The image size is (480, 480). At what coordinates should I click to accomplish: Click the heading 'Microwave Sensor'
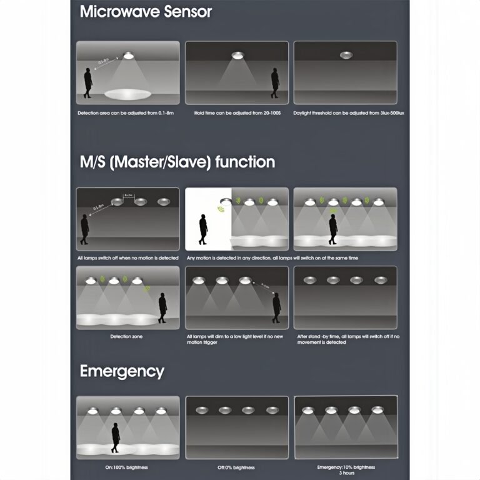pyautogui.click(x=146, y=11)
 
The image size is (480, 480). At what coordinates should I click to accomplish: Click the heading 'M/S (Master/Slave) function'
pyautogui.click(x=177, y=162)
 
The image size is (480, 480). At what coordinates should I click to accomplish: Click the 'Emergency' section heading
pyautogui.click(x=122, y=371)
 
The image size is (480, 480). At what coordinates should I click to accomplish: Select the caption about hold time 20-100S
pyautogui.click(x=237, y=113)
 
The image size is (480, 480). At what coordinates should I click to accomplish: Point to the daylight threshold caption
pyautogui.click(x=345, y=113)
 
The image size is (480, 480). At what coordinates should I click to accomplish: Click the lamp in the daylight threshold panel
pyautogui.click(x=346, y=56)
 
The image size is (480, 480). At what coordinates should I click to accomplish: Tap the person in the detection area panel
pyautogui.click(x=89, y=84)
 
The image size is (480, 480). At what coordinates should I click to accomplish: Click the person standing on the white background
pyautogui.click(x=202, y=229)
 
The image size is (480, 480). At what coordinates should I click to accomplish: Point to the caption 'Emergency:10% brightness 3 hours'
pyautogui.click(x=346, y=470)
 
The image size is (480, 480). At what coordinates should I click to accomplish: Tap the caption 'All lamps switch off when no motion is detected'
pyautogui.click(x=127, y=258)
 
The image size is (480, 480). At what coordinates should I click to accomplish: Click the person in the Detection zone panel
pyautogui.click(x=162, y=307)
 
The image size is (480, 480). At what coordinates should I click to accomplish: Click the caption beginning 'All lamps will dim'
pyautogui.click(x=237, y=339)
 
